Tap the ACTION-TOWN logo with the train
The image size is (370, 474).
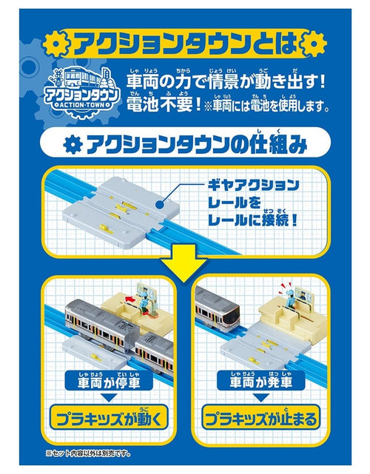pyautogui.click(x=80, y=88)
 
